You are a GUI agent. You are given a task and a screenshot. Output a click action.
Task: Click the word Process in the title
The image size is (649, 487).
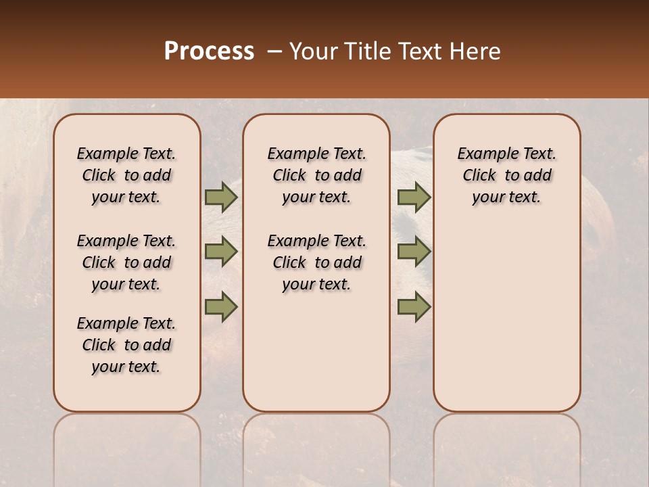pos(209,51)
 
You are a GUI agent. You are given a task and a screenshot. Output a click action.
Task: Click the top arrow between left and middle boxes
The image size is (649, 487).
pos(221,197)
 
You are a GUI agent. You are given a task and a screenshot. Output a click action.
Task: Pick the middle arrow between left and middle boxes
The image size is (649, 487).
pos(221,252)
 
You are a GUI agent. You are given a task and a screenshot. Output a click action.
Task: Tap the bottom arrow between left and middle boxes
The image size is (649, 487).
pos(221,307)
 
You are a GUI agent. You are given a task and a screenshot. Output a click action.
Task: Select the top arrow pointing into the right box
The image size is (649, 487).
pos(414,197)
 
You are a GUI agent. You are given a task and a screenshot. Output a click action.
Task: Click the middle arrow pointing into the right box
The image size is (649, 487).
pos(414,252)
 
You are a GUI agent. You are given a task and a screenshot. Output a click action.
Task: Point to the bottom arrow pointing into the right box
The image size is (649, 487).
pos(414,307)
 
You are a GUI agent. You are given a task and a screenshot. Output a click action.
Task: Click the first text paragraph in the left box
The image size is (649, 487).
pos(126,175)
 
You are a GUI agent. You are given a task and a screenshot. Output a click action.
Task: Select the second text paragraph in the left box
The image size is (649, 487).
pos(126,262)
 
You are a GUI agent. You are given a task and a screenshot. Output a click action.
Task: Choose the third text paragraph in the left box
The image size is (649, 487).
pos(126,345)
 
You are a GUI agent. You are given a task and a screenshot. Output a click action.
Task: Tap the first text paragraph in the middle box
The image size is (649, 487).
pos(317,175)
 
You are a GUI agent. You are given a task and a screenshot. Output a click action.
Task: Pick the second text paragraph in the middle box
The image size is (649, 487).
pos(317,262)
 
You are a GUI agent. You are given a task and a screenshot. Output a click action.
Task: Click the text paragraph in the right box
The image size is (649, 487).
pos(507,175)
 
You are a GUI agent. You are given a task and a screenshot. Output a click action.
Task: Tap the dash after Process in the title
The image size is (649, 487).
pos(274,51)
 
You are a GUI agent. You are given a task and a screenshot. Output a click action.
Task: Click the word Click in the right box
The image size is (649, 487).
pos(479,175)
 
